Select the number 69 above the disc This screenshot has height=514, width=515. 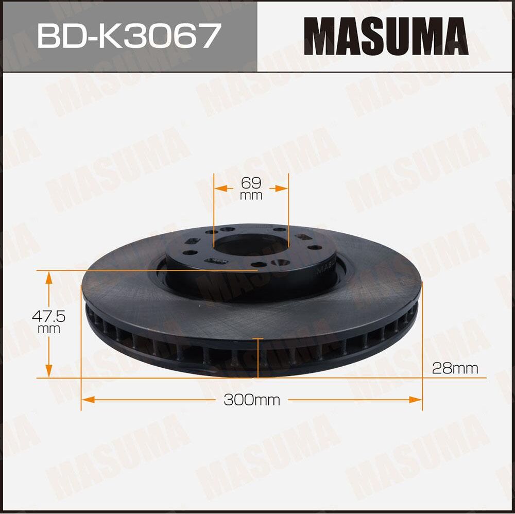251,182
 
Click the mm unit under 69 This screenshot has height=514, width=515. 251,196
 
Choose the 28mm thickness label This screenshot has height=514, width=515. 455,368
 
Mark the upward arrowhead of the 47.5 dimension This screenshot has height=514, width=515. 49,278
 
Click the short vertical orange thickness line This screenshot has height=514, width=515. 257,357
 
